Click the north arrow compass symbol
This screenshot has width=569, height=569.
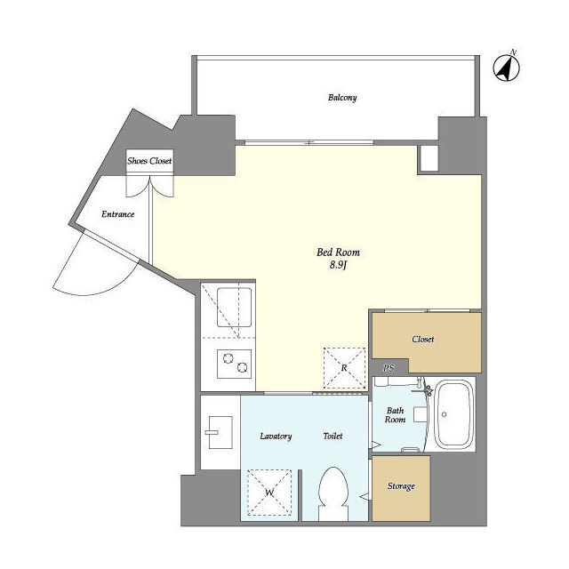507,67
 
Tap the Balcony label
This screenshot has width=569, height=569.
342,98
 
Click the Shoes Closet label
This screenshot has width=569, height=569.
149,162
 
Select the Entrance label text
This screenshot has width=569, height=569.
117,213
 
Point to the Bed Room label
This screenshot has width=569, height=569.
338,252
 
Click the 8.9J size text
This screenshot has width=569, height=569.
338,266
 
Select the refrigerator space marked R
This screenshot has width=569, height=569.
344,367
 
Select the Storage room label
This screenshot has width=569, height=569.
400,487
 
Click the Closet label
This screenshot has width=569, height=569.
423,340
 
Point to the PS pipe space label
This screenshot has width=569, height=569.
388,368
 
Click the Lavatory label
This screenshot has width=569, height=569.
276,437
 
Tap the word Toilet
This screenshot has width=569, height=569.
333,437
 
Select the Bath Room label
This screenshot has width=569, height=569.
396,415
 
